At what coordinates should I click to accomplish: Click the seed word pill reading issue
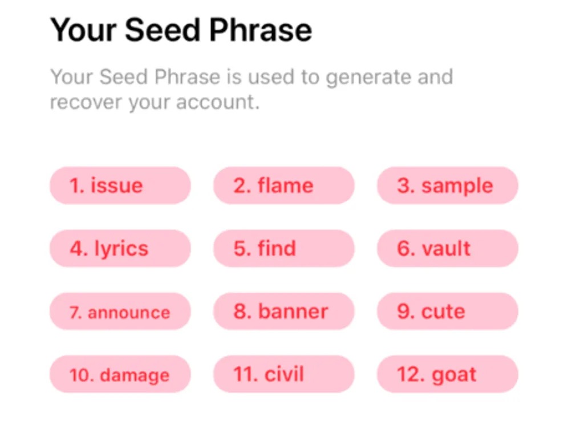[x=120, y=185]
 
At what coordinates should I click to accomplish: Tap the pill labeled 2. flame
[x=283, y=185]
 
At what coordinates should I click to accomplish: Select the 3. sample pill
[x=447, y=185]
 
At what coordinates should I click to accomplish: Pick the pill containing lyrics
[x=120, y=249]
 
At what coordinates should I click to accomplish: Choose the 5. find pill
[x=283, y=249]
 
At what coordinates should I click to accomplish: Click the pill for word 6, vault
[x=447, y=249]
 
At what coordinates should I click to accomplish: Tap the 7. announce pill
[x=120, y=311]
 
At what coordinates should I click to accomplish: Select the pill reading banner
[x=283, y=311]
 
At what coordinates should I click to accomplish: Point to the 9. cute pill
[x=447, y=311]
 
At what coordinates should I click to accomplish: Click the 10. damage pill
[x=120, y=374]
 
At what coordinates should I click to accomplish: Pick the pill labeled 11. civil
[x=283, y=374]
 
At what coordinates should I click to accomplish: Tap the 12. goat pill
[x=447, y=374]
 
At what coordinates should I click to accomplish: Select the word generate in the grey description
[x=368, y=78]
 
